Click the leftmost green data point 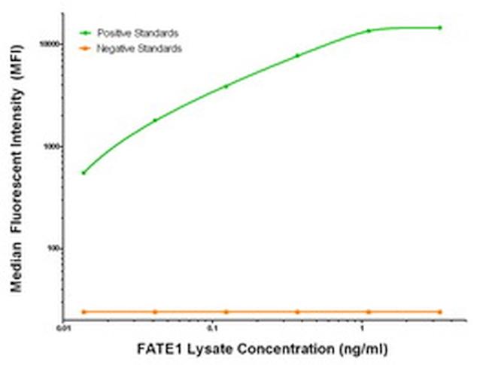click(84, 173)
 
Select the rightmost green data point click(440, 28)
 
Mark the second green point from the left click(155, 120)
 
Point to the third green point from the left click(226, 86)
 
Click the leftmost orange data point click(84, 312)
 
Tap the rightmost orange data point click(440, 312)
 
